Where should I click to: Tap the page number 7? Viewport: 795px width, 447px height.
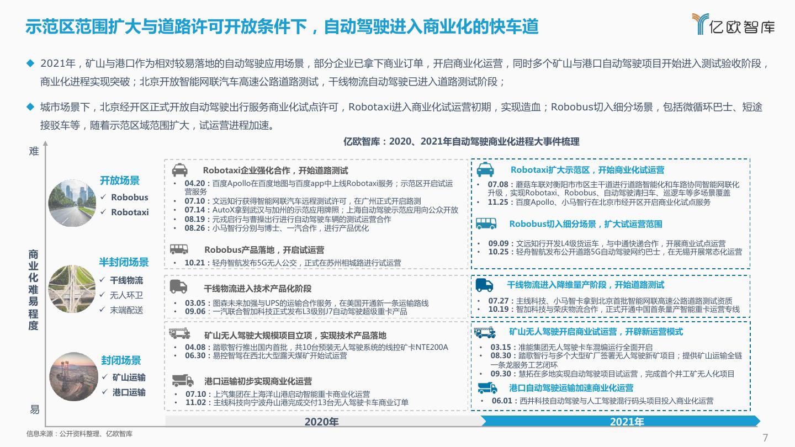765,438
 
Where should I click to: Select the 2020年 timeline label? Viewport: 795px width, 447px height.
321,422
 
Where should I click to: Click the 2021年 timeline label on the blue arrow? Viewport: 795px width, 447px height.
627,422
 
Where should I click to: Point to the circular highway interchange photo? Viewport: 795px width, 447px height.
72,289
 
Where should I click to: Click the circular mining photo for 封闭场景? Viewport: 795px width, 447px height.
72,376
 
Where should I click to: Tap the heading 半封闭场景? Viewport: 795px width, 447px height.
124,262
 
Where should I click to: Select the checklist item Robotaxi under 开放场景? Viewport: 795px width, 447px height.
130,212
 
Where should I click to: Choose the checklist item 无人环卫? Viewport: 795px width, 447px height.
126,295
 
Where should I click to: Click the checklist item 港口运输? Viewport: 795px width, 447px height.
129,392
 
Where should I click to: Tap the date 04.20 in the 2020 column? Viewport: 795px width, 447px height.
194,183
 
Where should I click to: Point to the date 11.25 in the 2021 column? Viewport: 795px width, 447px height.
499,202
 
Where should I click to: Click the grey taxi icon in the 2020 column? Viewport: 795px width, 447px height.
179,170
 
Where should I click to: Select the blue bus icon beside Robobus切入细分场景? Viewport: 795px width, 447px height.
486,223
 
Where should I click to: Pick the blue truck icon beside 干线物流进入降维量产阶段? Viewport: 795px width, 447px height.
484,285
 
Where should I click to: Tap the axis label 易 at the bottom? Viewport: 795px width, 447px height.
34,409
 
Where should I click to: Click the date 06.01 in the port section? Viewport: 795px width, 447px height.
502,401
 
